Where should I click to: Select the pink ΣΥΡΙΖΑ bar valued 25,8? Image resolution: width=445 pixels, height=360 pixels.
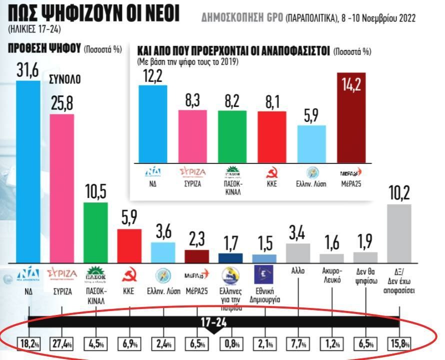click(x=62, y=188)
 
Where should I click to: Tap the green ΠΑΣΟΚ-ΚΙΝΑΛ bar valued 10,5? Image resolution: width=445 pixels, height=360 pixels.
click(x=95, y=232)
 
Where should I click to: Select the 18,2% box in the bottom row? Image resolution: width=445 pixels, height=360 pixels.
click(x=29, y=343)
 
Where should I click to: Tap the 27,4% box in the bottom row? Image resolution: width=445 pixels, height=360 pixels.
click(x=62, y=343)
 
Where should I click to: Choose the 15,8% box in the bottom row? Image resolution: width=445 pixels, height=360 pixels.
click(x=399, y=343)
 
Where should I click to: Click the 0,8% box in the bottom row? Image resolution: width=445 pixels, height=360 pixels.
click(x=231, y=343)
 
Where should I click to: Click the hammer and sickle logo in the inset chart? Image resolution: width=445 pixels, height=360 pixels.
click(x=271, y=173)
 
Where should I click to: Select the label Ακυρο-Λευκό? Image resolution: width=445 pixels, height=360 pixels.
click(x=331, y=276)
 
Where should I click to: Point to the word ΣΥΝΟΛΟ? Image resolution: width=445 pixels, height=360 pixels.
click(x=64, y=80)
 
